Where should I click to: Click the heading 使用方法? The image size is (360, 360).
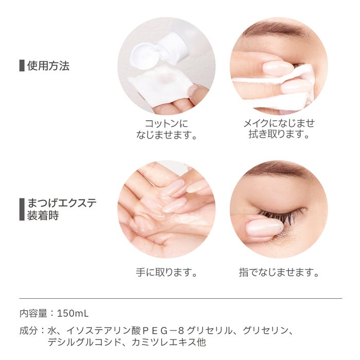(x=48, y=66)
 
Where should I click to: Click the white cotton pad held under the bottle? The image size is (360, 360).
(x=159, y=85)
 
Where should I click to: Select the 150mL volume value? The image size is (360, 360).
(x=75, y=313)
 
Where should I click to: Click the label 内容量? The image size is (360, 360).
(x=34, y=313)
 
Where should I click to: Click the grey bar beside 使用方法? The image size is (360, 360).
(x=22, y=66)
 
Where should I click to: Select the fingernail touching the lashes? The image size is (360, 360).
(x=264, y=227)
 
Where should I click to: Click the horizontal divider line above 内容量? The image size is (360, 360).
(x=180, y=298)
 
